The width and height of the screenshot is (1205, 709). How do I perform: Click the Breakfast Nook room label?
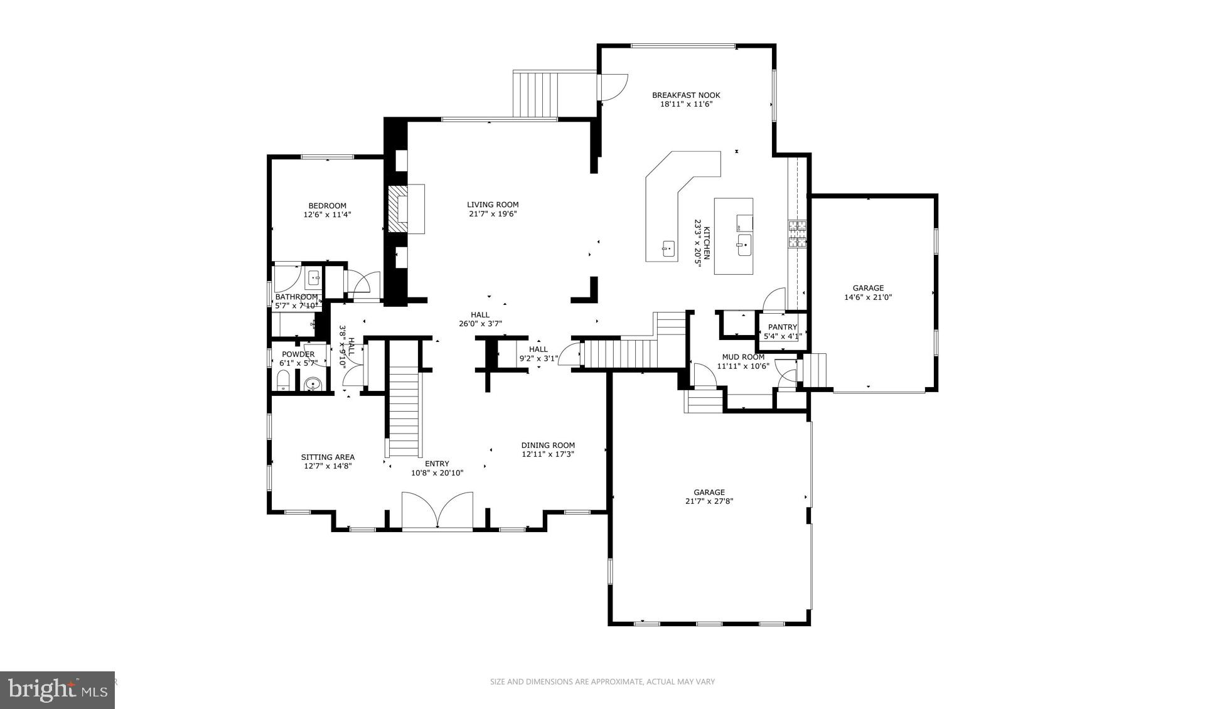(686, 95)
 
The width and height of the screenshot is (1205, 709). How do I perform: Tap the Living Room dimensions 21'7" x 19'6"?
(493, 214)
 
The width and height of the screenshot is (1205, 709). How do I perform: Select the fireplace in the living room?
(405, 209)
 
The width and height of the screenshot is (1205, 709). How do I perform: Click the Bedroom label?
(327, 206)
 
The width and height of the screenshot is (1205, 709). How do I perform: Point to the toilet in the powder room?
(283, 380)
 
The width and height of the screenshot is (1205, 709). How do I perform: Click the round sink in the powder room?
(312, 383)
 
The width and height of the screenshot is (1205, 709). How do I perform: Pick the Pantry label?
(782, 327)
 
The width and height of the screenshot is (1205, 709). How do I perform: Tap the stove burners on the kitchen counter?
(797, 234)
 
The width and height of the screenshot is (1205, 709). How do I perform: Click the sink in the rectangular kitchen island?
(744, 245)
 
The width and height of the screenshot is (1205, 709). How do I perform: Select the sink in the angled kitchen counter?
(668, 248)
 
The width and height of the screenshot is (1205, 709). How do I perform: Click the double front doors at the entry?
(437, 511)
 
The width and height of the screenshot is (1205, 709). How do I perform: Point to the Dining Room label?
(548, 445)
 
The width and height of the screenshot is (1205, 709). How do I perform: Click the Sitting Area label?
(328, 457)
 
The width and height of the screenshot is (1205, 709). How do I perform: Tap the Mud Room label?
(743, 357)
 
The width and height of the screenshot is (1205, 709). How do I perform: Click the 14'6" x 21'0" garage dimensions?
(868, 297)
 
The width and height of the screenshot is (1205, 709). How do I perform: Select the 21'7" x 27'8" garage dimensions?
(709, 501)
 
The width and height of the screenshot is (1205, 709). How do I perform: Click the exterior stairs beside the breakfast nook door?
(535, 94)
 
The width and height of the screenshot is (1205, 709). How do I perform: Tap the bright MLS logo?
(57, 690)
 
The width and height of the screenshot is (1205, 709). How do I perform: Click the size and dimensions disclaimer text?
(602, 681)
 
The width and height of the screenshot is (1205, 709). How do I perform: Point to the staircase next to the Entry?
(404, 411)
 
